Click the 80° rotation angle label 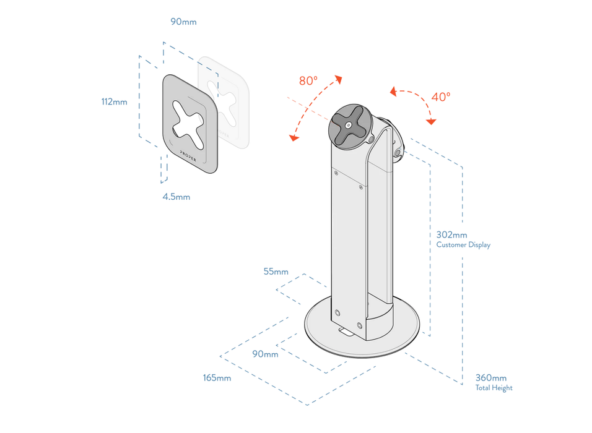308,81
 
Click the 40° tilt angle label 441,96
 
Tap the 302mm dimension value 451,235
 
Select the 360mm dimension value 490,377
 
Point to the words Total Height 494,388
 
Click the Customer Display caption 463,245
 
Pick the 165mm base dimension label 217,377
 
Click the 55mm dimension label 276,271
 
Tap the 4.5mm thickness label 177,197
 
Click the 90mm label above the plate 183,22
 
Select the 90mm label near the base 265,354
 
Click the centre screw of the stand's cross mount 349,124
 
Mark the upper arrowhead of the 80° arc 339,78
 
